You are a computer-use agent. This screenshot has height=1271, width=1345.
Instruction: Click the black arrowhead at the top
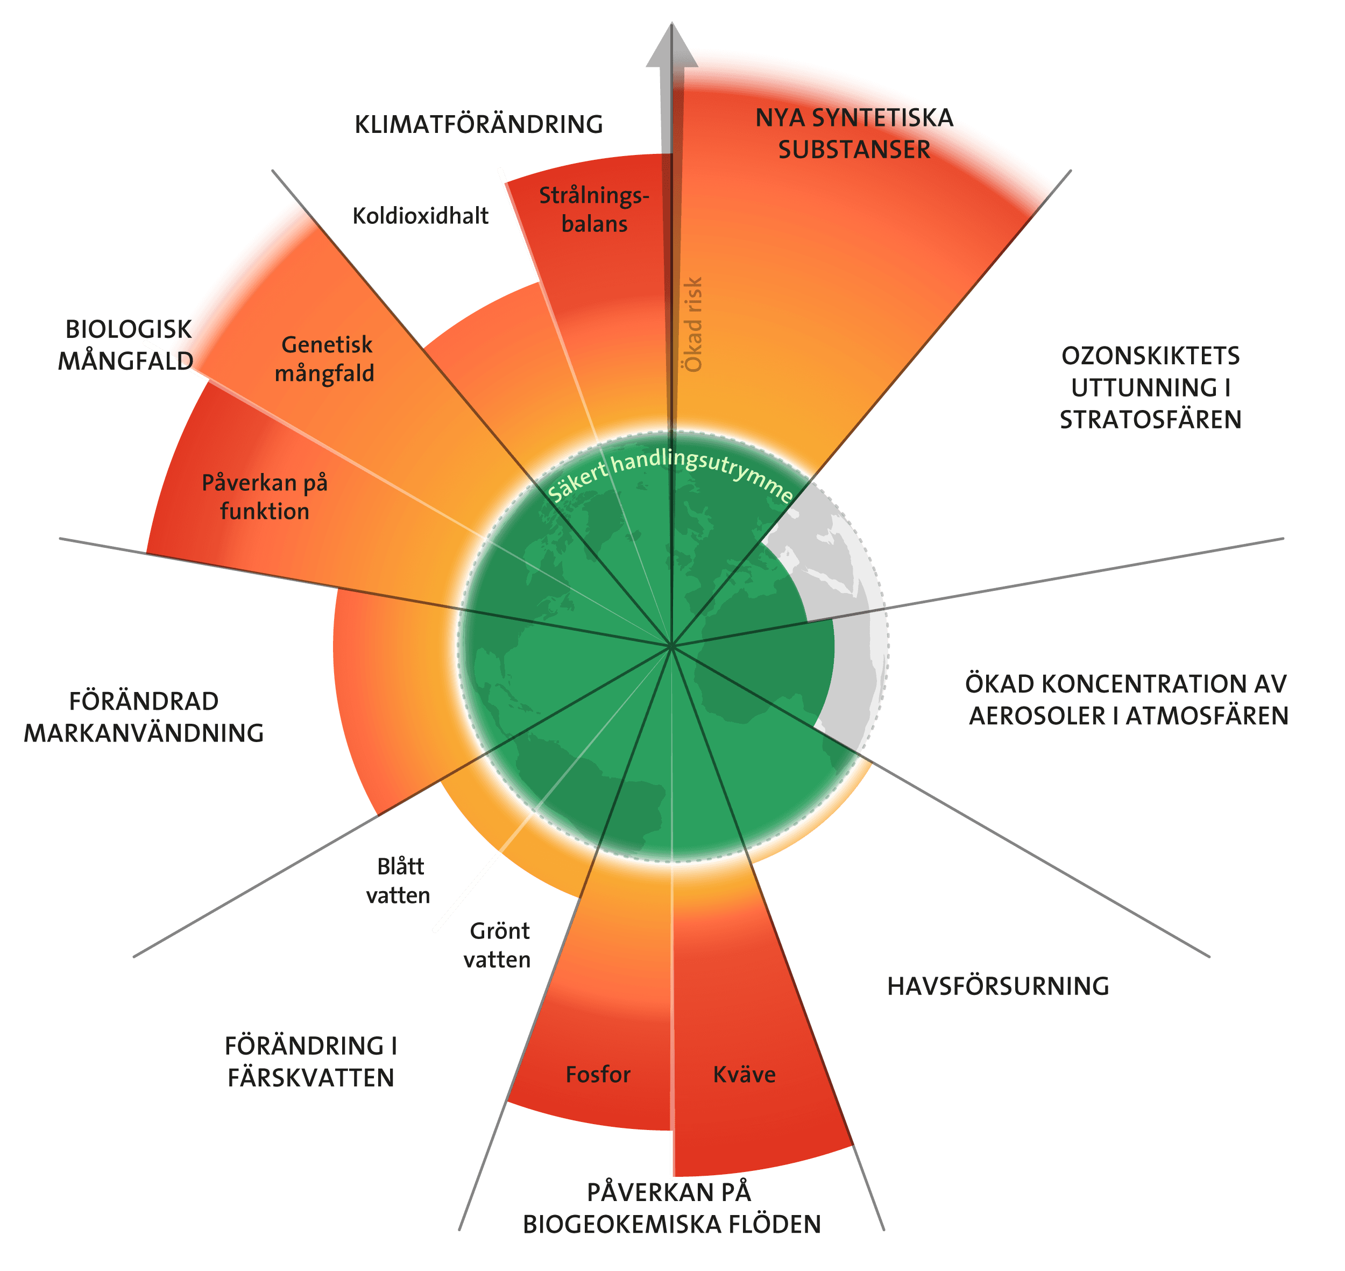tap(671, 47)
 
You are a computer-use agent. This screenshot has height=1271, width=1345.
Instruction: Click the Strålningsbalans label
tap(594, 209)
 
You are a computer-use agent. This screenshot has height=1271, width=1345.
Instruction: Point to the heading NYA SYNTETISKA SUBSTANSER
tap(854, 133)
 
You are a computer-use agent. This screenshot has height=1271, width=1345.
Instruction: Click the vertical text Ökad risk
tap(693, 324)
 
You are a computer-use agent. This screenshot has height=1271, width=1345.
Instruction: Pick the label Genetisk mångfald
tap(325, 358)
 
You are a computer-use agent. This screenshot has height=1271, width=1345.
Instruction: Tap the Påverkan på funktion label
tap(265, 497)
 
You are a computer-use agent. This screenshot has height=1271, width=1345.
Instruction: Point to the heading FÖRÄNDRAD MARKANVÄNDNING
tap(144, 717)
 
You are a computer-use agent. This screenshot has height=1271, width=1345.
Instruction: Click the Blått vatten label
tap(399, 881)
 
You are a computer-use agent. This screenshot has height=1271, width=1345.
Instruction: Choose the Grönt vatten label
tap(498, 945)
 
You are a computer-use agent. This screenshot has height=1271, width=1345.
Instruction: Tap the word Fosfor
tap(598, 1075)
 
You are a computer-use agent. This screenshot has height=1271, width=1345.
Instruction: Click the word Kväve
tap(744, 1075)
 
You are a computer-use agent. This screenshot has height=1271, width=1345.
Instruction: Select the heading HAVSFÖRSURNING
tap(998, 986)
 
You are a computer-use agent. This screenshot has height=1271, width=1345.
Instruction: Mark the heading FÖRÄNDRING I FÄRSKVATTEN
tap(311, 1062)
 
